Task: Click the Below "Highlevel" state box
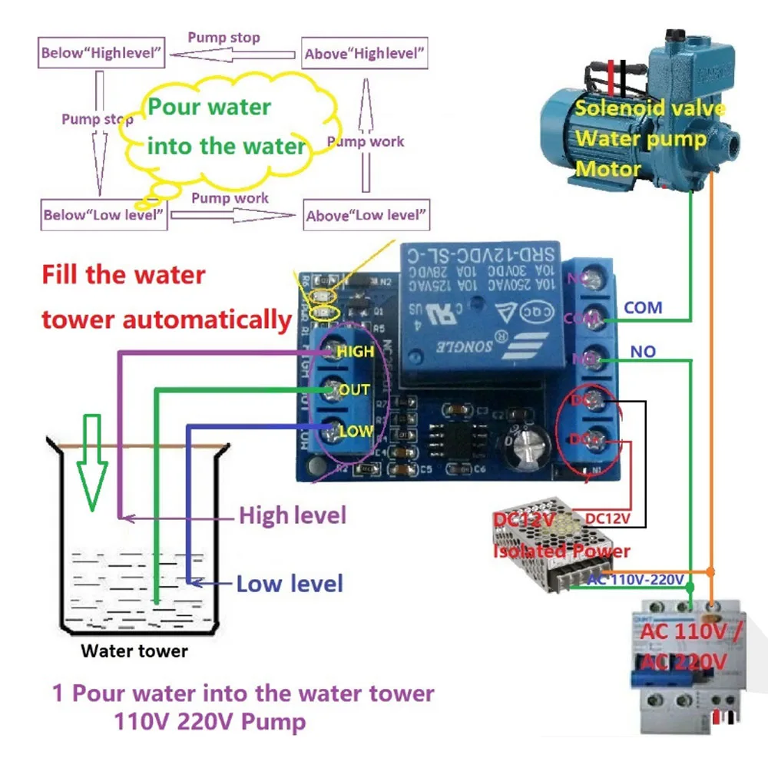point(102,53)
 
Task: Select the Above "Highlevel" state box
point(365,54)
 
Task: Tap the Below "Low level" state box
point(103,214)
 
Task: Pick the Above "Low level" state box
point(366,215)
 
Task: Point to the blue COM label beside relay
point(643,307)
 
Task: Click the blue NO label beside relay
point(643,351)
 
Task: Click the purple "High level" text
point(292,515)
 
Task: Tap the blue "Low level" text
point(289,584)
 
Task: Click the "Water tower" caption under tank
point(134,651)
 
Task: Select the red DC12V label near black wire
point(607,519)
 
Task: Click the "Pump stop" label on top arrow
point(224,37)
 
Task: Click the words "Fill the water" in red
point(124,275)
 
